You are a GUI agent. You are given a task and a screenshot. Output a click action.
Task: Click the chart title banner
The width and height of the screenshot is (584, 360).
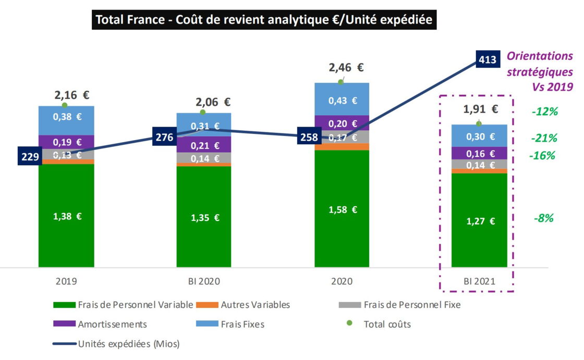click(x=264, y=20)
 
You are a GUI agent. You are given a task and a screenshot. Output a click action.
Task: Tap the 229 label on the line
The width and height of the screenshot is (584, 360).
click(x=29, y=157)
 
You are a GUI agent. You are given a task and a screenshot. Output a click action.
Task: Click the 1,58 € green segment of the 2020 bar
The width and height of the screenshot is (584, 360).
click(x=342, y=209)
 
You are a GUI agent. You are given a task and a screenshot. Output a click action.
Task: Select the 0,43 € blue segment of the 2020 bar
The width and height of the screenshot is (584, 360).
click(x=342, y=100)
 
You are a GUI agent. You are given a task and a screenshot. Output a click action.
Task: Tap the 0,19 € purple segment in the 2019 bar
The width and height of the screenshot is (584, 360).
click(x=66, y=142)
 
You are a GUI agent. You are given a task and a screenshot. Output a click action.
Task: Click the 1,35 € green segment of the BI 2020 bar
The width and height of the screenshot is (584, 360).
click(x=204, y=217)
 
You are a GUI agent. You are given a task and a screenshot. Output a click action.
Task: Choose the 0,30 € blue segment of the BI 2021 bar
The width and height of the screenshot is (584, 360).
click(x=479, y=136)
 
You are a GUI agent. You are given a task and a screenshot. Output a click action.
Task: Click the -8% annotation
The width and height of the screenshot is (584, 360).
click(x=543, y=218)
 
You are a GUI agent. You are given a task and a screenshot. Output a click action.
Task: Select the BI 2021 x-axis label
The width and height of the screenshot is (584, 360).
click(x=479, y=281)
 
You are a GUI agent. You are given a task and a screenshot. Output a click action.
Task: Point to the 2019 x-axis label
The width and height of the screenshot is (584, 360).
click(x=66, y=281)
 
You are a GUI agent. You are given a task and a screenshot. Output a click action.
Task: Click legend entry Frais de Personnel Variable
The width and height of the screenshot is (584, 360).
click(x=135, y=305)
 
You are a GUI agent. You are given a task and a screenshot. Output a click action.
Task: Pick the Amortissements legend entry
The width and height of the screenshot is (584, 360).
click(x=112, y=325)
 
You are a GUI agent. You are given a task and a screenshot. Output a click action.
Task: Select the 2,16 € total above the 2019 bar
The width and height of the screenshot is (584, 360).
click(x=72, y=95)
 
